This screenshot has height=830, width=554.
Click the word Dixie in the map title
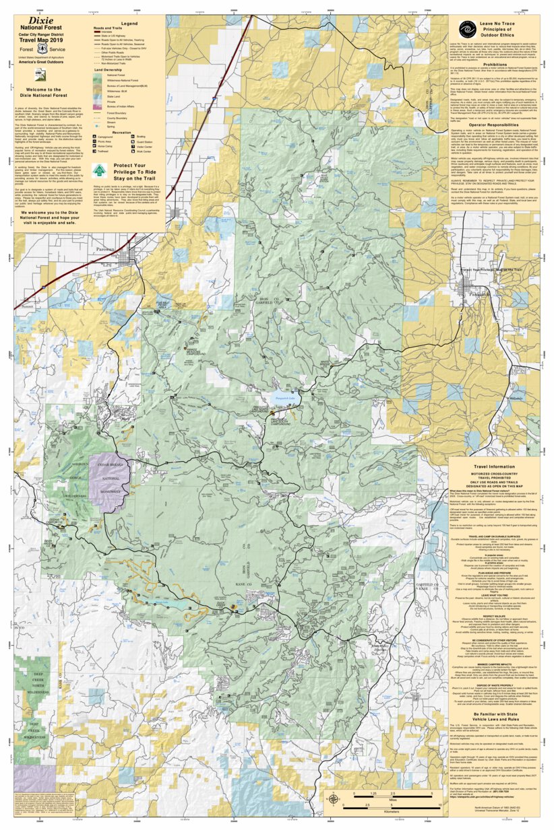pos(41,21)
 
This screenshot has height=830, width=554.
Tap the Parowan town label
pos(105,249)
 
